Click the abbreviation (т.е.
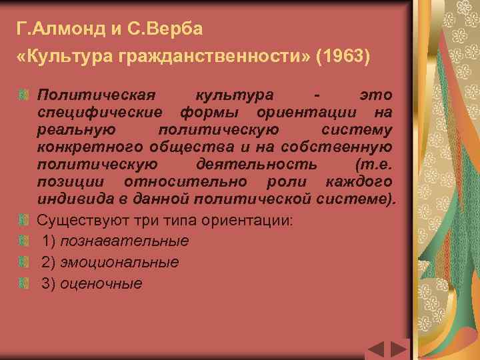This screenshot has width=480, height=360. pyautogui.click(x=371, y=164)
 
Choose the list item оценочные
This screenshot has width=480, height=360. pyautogui.click(x=101, y=283)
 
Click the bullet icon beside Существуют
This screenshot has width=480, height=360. pyautogui.click(x=23, y=221)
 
